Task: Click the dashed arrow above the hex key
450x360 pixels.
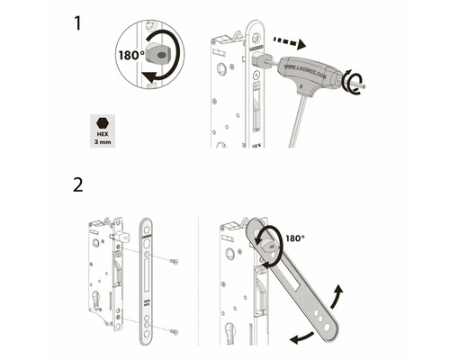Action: [288, 41]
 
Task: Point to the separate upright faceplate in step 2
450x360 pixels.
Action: [148, 279]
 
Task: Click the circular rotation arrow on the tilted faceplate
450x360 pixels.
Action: [265, 242]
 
